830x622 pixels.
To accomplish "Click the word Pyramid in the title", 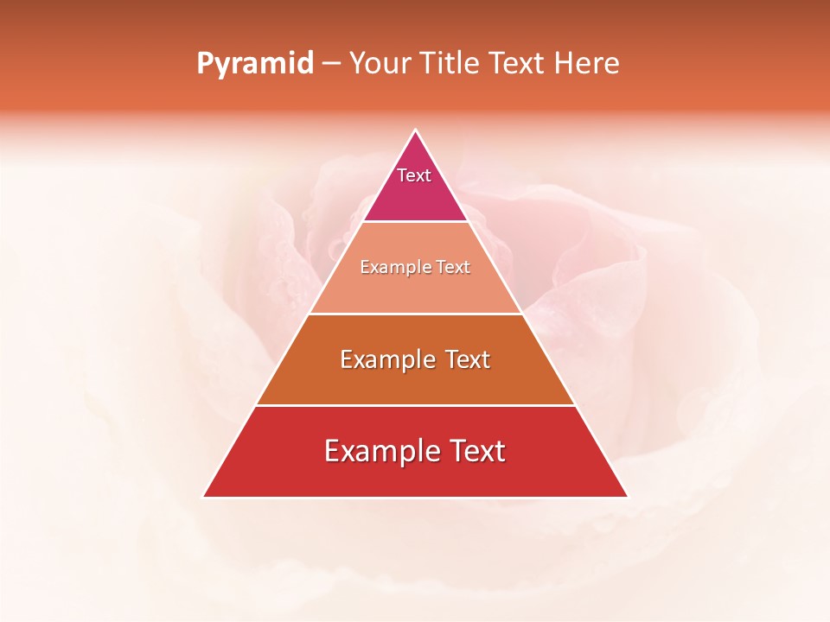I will (x=254, y=64).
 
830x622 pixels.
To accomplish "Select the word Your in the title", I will (x=380, y=64).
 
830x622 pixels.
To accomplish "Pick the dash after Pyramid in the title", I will (x=331, y=64).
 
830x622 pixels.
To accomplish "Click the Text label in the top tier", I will (x=414, y=175).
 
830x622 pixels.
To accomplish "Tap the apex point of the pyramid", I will (x=416, y=130).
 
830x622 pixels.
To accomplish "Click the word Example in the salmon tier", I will (x=389, y=268).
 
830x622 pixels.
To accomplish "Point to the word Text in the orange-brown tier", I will (x=468, y=359).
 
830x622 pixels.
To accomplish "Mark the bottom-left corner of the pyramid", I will (x=204, y=497).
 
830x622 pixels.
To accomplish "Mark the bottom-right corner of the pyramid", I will (x=627, y=497).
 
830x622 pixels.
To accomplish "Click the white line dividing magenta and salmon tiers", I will (x=415, y=222).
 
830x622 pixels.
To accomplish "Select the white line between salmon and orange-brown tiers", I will (x=415, y=314).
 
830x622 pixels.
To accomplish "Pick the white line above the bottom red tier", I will (x=415, y=405).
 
